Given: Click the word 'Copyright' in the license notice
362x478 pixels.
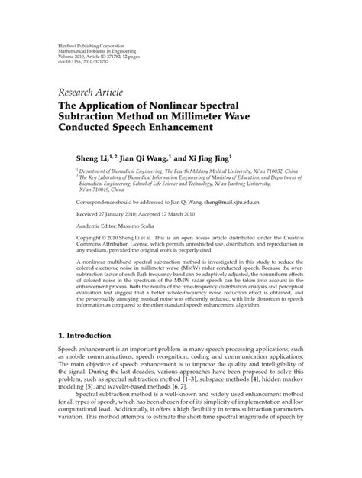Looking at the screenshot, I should pyautogui.click(x=93, y=240).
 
